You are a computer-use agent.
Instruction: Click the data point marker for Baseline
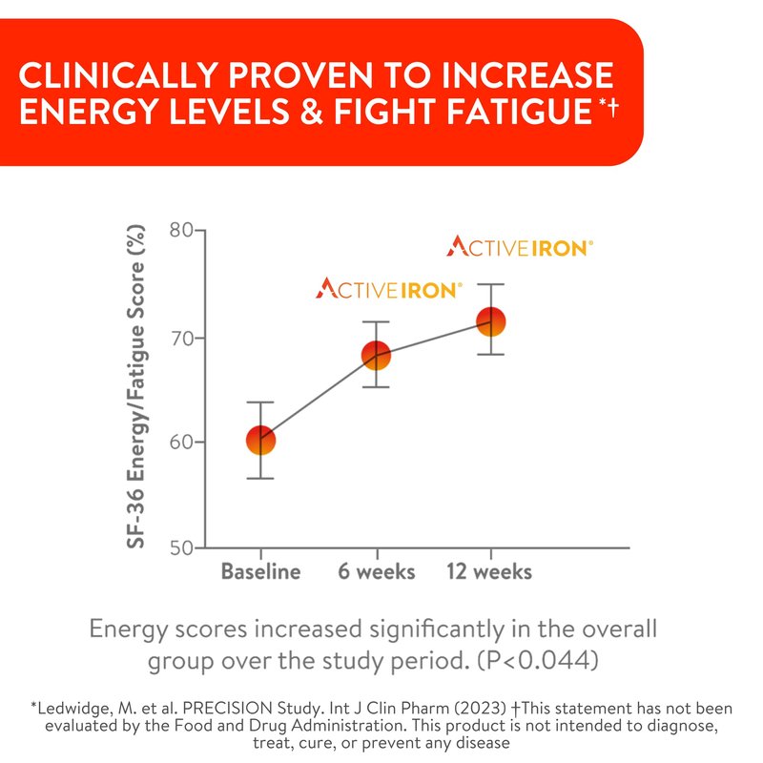pyautogui.click(x=260, y=440)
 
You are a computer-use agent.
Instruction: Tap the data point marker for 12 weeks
pyautogui.click(x=490, y=322)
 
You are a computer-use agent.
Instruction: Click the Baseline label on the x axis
pyautogui.click(x=260, y=572)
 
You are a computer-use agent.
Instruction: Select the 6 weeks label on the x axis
pyautogui.click(x=377, y=572)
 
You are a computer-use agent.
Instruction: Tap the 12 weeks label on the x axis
pyautogui.click(x=490, y=572)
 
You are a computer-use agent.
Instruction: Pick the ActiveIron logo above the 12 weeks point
pyautogui.click(x=520, y=247)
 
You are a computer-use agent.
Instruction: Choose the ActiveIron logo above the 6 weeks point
pyautogui.click(x=390, y=287)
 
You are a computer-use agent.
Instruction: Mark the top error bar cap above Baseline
pyautogui.click(x=260, y=402)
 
